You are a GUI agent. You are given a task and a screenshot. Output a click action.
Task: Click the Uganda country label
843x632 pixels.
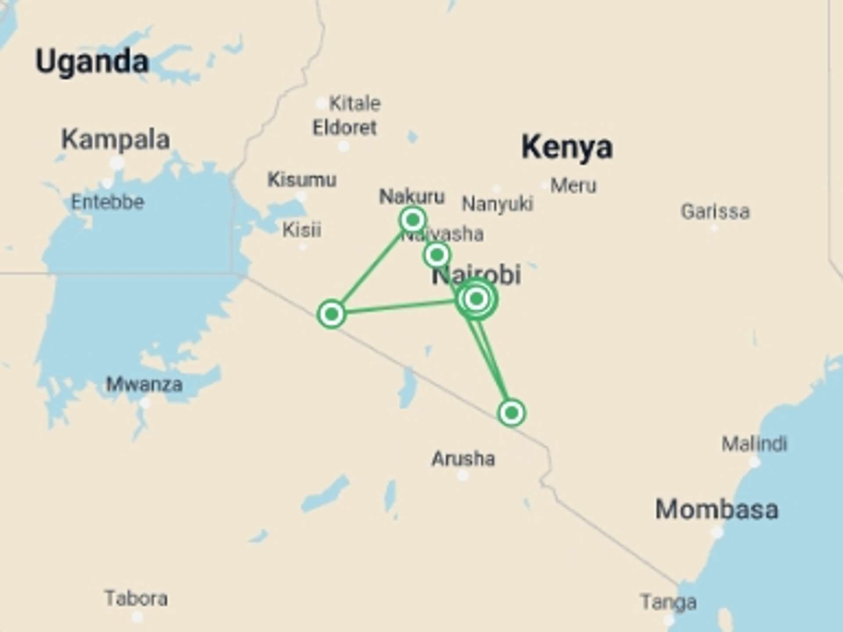tap(92, 61)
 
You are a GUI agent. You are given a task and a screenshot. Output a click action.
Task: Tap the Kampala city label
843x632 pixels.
tap(115, 140)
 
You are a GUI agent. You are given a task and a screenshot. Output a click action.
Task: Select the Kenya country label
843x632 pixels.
tap(567, 147)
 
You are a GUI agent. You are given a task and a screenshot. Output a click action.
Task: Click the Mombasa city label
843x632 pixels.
tap(717, 510)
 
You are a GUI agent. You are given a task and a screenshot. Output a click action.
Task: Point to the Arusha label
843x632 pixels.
tap(463, 459)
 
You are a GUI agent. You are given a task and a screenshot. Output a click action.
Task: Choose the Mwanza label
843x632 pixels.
tap(144, 385)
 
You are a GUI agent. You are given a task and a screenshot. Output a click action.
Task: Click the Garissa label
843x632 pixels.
tap(715, 212)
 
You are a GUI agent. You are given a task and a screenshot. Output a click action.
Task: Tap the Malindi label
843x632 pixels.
tap(754, 444)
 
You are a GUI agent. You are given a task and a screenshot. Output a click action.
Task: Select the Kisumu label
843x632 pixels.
tap(302, 180)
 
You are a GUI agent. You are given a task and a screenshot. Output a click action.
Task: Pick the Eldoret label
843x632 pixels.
tap(345, 128)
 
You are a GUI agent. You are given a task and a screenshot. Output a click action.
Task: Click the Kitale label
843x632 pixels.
tap(355, 104)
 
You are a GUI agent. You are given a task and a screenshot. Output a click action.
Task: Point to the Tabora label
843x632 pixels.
tap(136, 599)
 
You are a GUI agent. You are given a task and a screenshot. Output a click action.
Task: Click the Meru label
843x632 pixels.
tap(573, 186)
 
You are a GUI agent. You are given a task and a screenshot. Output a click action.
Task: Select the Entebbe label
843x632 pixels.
tap(108, 202)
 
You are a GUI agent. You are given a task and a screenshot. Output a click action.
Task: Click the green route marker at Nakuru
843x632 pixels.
tap(413, 219)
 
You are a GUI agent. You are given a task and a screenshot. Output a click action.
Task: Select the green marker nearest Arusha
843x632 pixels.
tap(512, 413)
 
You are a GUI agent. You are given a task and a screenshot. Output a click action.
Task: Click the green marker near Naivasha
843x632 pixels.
tap(437, 255)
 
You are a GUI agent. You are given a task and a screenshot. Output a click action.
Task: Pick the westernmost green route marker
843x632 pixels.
tap(331, 314)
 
